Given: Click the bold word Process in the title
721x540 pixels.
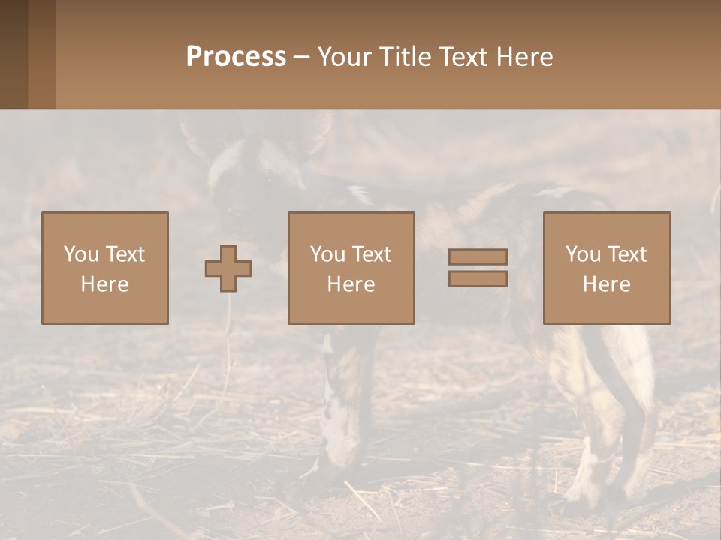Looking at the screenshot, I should click(236, 57).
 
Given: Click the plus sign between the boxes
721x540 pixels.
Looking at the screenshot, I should click(228, 268).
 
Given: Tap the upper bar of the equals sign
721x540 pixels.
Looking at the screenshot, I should click(478, 256).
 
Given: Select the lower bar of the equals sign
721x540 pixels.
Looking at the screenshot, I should click(478, 279).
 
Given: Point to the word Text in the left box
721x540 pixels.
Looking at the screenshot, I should click(125, 254).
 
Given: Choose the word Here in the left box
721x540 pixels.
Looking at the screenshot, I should click(104, 284).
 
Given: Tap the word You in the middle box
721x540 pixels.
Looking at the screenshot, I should click(327, 254).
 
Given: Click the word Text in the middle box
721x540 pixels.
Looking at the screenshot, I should click(371, 254).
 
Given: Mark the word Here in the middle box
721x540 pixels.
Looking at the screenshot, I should click(351, 284).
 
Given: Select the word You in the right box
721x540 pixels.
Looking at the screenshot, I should click(583, 254).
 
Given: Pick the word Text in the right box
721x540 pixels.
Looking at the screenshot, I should click(626, 254).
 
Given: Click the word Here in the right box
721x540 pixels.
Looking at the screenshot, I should click(606, 284).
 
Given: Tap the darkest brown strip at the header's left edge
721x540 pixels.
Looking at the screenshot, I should click(14, 54).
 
